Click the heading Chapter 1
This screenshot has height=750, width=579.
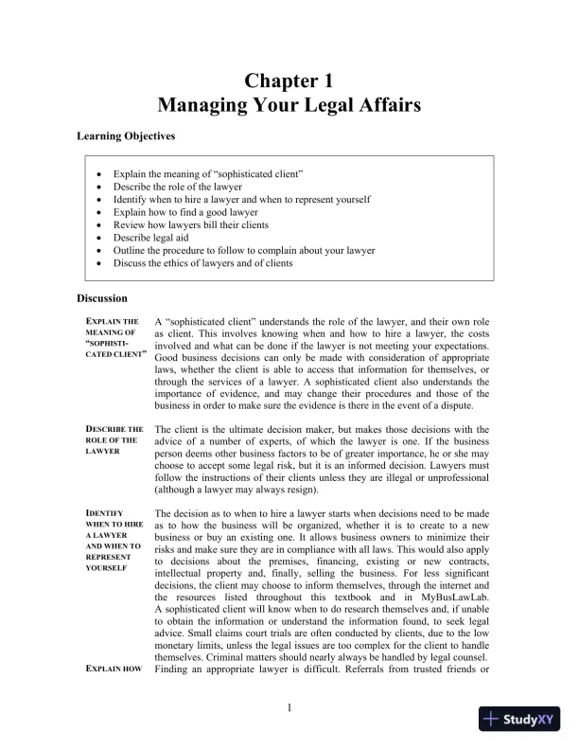pyautogui.click(x=289, y=80)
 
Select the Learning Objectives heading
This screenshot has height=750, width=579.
pyautogui.click(x=126, y=136)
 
